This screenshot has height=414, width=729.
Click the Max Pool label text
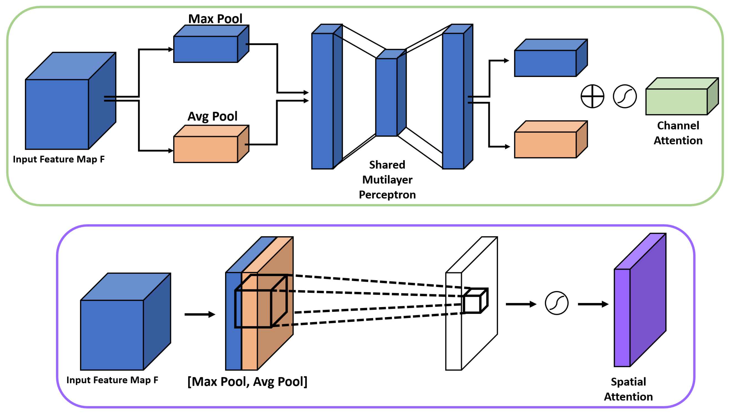pos(215,19)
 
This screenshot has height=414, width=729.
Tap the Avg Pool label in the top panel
pos(212,116)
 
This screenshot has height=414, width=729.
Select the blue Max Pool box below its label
pos(211,44)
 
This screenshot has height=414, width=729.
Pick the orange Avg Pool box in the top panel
pos(211,144)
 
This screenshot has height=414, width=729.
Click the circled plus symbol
pos(592,96)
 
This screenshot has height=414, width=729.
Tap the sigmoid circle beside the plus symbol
pos(625,96)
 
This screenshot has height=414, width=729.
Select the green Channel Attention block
pos(682,96)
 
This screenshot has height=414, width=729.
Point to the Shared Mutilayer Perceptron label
pos(387,179)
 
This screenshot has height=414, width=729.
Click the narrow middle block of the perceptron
pos(391,93)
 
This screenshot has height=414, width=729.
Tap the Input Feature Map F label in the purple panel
pos(112,380)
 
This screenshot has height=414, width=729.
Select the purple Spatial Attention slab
pos(640,300)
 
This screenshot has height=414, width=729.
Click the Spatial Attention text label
pos(628,389)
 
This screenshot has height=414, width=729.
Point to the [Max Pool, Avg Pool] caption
pos(247,382)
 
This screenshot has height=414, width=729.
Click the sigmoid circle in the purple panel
pos(557,303)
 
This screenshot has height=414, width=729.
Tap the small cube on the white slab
pos(475,300)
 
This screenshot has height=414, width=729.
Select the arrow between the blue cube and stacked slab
pos(200,314)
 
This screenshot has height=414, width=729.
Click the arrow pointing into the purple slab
pos(593,304)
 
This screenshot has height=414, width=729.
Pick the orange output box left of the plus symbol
pos(551,139)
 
